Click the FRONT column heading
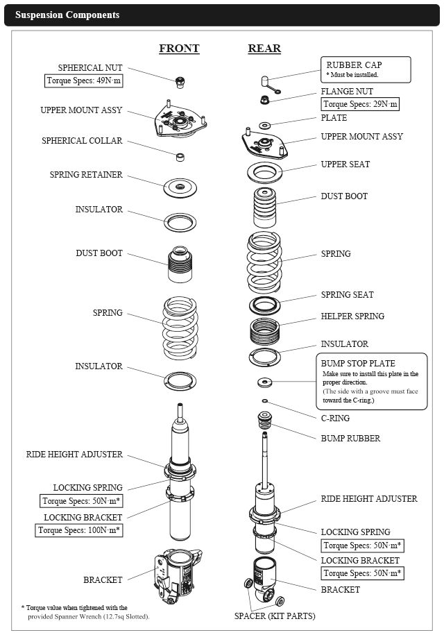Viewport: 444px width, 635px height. [x=179, y=48]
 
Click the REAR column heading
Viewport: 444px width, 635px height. [x=264, y=48]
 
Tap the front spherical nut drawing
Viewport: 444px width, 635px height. [x=180, y=82]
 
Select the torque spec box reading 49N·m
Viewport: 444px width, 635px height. [x=84, y=81]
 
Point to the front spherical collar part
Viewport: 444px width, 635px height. [x=180, y=157]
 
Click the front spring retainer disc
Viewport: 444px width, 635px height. [x=180, y=187]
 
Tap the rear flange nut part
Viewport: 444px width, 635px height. [x=264, y=99]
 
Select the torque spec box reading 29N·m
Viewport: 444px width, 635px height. [x=360, y=104]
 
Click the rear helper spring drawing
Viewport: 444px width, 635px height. [x=265, y=331]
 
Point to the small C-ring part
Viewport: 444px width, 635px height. [x=265, y=401]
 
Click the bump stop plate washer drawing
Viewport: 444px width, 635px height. [x=265, y=382]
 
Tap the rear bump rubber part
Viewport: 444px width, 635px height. [x=264, y=420]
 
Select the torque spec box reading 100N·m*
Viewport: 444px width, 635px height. [x=79, y=530]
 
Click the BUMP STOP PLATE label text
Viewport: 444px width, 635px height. [x=358, y=363]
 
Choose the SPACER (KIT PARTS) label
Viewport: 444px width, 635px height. [x=275, y=616]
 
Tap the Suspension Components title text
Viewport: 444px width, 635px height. [x=67, y=15]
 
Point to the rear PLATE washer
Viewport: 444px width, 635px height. [x=265, y=125]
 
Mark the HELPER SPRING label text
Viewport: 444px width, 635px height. [x=352, y=316]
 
